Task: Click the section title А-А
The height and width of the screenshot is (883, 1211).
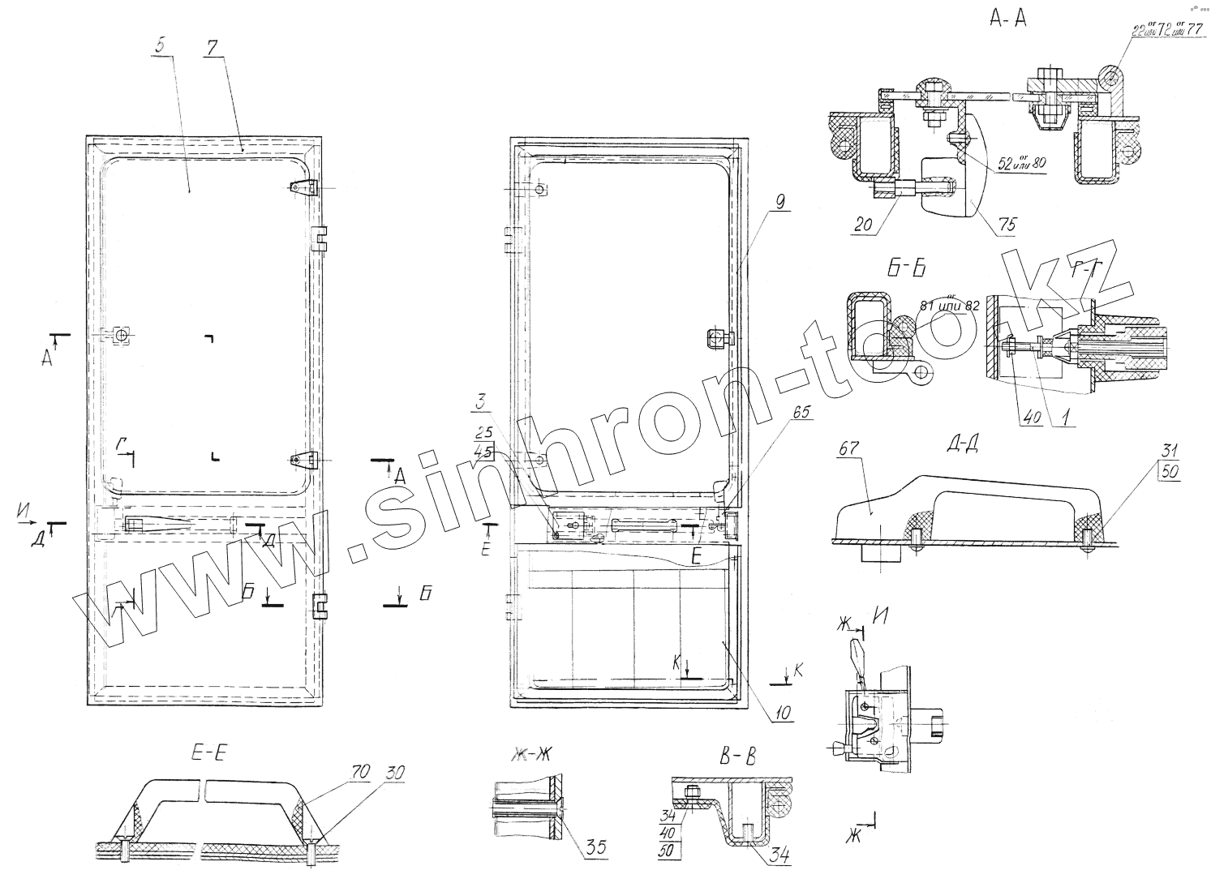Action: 1008,19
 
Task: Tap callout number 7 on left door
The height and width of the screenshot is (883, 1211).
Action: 211,47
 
